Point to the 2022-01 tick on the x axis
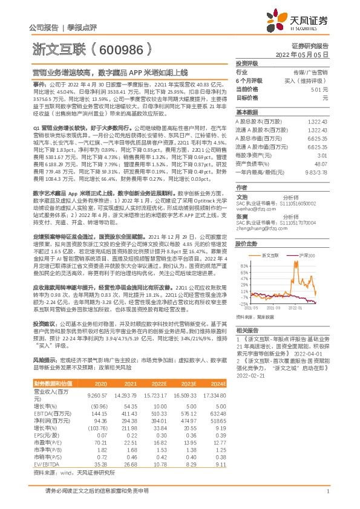(x=296, y=306)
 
